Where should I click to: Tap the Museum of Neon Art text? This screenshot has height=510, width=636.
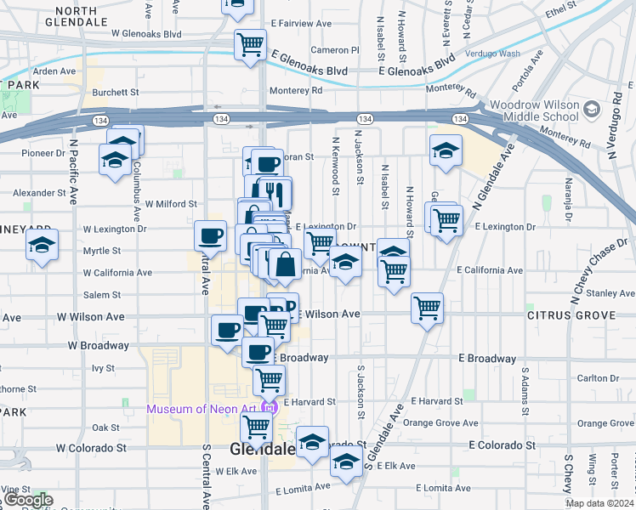coord(204,409)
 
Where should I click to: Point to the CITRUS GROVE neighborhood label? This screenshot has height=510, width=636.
coord(570,315)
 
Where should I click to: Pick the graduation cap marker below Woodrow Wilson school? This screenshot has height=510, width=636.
coord(446,150)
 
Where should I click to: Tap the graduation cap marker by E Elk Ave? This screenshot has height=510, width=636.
coord(345,462)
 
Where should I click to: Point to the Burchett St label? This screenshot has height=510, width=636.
coord(116,92)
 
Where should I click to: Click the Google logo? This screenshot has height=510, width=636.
coord(28,500)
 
